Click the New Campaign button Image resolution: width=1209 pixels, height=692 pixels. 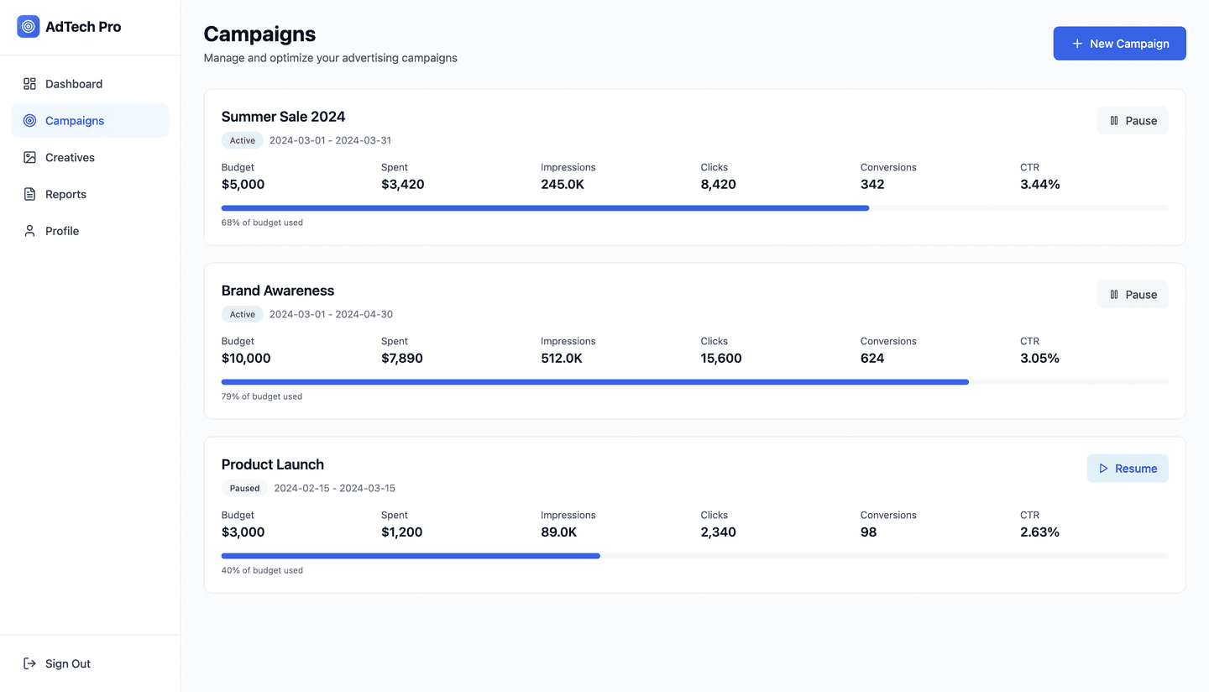(1119, 44)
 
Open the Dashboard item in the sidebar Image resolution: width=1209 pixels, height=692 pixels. (73, 84)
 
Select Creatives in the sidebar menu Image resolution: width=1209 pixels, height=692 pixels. (70, 158)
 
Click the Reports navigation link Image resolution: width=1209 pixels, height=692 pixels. (65, 194)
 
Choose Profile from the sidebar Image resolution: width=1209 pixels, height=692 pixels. (61, 231)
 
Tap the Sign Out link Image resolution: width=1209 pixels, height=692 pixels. (67, 663)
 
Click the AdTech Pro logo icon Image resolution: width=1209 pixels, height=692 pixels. (29, 27)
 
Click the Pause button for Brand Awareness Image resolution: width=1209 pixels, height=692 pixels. (1132, 295)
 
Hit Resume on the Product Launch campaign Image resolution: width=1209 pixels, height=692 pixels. (1127, 469)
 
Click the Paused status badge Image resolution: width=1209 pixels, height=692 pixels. (244, 488)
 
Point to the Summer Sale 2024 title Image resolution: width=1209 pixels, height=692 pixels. (283, 117)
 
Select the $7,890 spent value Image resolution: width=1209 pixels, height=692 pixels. (401, 359)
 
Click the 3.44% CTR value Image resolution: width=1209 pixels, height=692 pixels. (1039, 185)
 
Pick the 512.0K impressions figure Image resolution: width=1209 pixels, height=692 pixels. (562, 359)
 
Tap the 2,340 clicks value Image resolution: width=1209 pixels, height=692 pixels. (718, 532)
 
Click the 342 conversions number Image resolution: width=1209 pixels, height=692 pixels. (872, 185)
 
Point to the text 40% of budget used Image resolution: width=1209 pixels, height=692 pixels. (262, 570)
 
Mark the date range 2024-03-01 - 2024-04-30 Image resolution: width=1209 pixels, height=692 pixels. (331, 314)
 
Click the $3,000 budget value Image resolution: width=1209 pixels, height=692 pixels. (243, 532)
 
